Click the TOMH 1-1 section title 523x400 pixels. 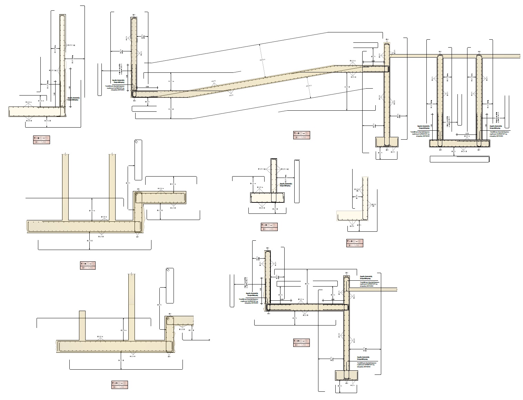(x=87, y=264)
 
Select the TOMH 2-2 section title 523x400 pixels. (x=120, y=383)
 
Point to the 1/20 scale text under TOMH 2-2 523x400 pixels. (x=120, y=387)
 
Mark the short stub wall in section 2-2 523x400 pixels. (x=82, y=325)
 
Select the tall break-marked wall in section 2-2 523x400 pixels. (x=131, y=307)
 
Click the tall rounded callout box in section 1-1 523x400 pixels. (x=138, y=160)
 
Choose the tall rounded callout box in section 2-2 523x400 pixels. (x=170, y=286)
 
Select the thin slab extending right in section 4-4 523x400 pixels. (x=374, y=289)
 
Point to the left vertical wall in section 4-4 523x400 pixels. (x=267, y=279)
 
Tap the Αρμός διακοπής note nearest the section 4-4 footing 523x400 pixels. (x=364, y=358)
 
